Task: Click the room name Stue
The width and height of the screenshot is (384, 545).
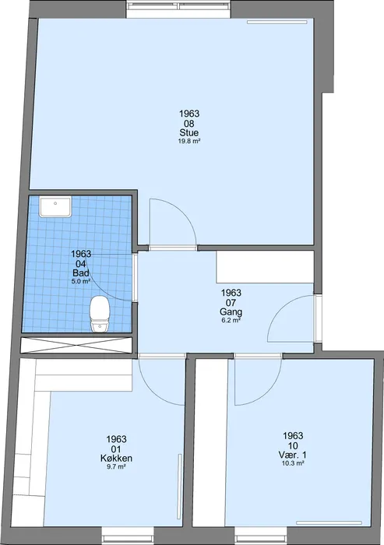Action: (189, 133)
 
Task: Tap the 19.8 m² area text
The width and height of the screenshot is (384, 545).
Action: (189, 141)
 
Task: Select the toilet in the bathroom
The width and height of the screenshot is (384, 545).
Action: (100, 314)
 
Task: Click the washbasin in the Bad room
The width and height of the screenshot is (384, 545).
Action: (55, 207)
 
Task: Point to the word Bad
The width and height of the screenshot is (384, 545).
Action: (81, 272)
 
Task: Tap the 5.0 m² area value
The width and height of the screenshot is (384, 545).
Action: (81, 281)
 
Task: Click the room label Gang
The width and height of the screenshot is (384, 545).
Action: (231, 312)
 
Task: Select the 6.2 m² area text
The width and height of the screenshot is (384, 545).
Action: (231, 320)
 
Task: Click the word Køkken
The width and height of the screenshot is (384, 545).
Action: (116, 459)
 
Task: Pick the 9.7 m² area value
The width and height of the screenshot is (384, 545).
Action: (116, 467)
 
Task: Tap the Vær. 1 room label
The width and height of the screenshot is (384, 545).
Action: (293, 455)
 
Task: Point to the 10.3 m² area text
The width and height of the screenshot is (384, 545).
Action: (293, 463)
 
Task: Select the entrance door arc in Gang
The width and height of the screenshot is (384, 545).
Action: (283, 307)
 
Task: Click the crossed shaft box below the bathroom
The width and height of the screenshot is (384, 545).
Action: (76, 346)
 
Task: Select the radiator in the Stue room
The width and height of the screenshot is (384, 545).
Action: (277, 22)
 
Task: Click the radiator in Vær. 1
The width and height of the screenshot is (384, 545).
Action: (329, 522)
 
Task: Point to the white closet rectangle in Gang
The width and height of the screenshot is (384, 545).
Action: (265, 267)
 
